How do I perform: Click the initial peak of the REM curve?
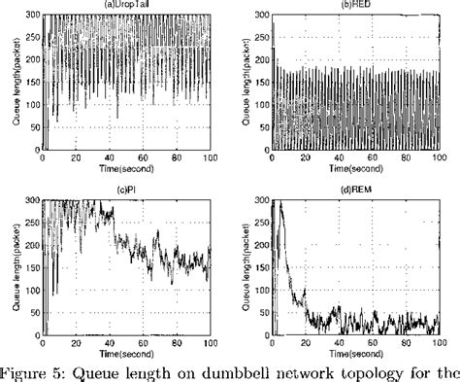pyautogui.click(x=284, y=201)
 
